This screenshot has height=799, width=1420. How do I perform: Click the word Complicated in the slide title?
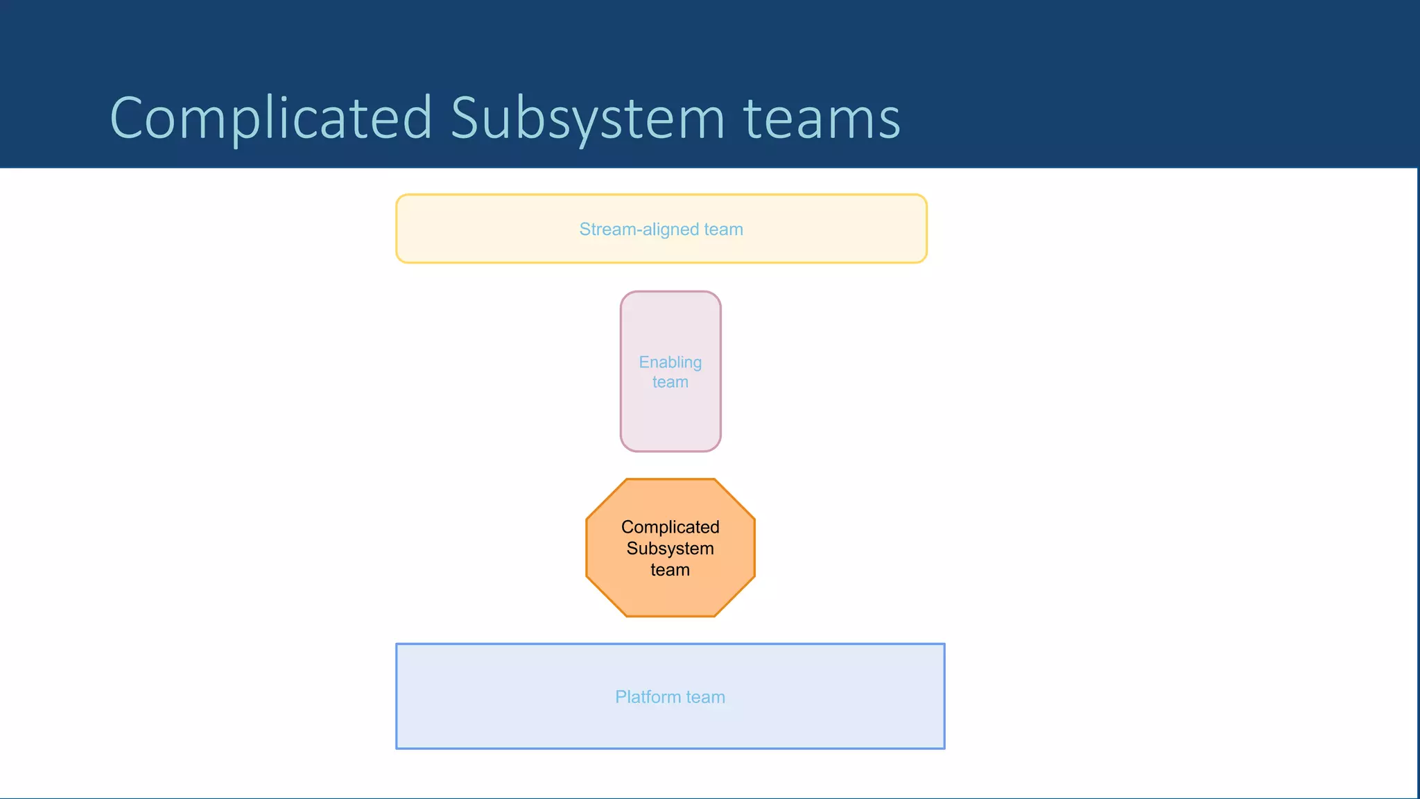point(271,118)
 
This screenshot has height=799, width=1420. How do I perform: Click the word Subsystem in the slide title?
point(588,118)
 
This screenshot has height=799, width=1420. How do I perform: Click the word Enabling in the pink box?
point(670,363)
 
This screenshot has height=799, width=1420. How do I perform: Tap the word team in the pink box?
point(670,382)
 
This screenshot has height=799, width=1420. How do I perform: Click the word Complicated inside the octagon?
point(670,527)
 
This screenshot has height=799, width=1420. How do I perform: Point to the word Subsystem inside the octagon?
point(670,549)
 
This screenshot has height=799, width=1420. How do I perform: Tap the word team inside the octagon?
point(670,570)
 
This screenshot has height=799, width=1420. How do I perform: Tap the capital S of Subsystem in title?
point(466,118)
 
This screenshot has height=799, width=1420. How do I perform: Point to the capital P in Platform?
point(621,697)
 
